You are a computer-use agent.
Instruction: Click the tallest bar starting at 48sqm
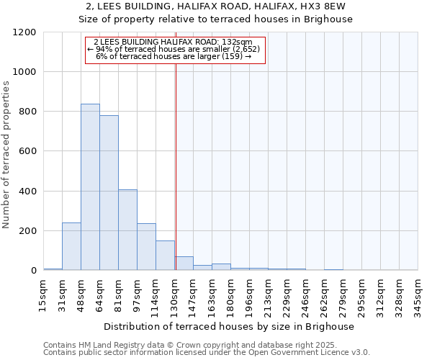(90, 187)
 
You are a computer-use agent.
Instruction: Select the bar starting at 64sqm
(109, 193)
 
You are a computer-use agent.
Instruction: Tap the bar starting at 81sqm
(127, 230)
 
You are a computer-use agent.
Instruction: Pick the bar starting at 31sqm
(71, 246)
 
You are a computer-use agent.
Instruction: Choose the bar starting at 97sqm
(146, 247)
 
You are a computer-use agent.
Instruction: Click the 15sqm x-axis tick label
(44, 294)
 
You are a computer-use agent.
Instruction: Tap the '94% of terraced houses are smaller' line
(176, 49)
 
